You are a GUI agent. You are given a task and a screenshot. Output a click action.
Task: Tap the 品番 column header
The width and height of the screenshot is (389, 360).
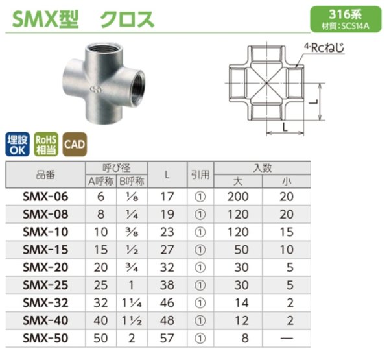tap(44, 174)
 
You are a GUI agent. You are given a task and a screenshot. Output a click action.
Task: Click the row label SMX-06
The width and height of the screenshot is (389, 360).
tap(44, 196)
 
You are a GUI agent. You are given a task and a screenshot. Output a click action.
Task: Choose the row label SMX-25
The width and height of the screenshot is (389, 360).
tap(44, 285)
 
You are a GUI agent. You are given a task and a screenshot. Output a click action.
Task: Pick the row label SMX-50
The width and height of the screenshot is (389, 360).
tap(44, 338)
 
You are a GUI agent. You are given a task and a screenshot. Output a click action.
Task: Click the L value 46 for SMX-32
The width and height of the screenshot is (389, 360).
tap(167, 302)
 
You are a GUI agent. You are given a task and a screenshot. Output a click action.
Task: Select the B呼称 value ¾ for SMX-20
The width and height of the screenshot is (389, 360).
tap(132, 267)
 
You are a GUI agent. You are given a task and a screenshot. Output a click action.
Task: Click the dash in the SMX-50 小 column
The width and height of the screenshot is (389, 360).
tap(287, 338)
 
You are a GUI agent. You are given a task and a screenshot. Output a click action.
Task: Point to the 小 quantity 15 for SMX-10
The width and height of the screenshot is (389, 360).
tap(287, 232)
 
